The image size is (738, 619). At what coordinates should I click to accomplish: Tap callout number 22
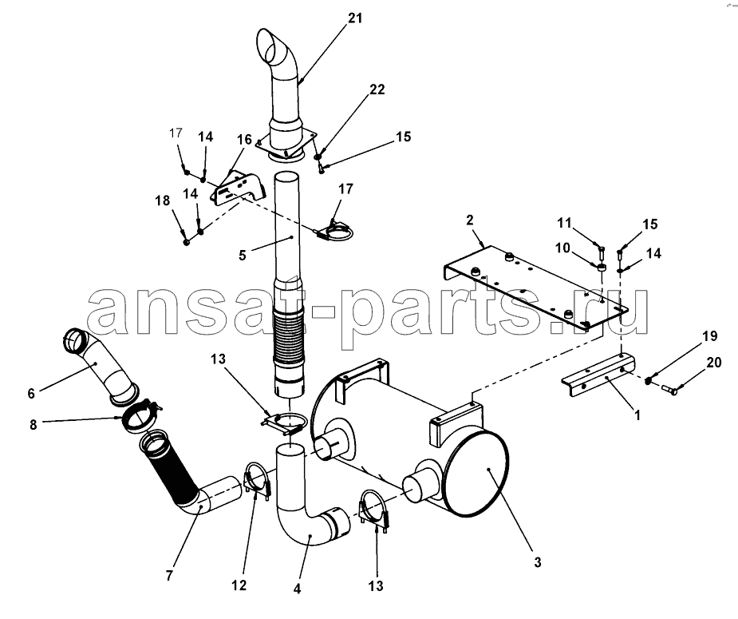[377, 89]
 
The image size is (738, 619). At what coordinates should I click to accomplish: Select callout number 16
[245, 140]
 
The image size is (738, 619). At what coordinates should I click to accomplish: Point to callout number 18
[163, 200]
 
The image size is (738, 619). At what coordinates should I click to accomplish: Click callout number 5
[243, 256]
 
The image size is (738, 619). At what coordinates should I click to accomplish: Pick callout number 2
[470, 220]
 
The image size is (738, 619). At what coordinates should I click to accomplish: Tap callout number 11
[564, 223]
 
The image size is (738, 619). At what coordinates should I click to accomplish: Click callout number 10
[563, 248]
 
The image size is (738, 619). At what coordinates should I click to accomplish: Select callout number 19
[710, 336]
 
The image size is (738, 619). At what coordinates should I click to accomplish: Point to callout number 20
[713, 363]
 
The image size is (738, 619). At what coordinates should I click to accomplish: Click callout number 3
[538, 562]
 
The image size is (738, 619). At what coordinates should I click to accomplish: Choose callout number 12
[239, 585]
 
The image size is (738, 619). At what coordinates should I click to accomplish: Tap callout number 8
[33, 424]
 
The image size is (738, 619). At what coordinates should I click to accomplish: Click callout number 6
[31, 393]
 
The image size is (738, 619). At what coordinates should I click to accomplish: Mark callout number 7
[169, 576]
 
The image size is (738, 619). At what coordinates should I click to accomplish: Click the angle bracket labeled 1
[598, 375]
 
